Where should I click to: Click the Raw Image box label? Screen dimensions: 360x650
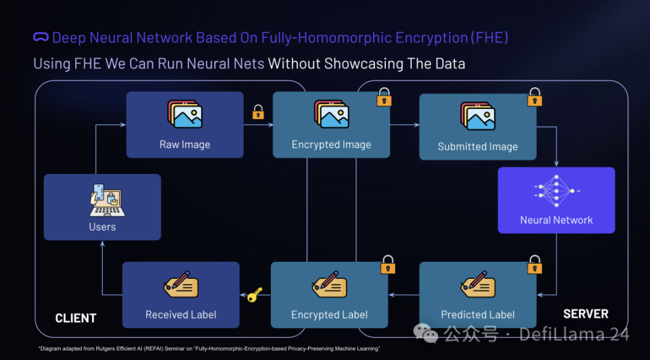point(185,144)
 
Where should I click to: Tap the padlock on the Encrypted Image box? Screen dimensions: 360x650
point(384,97)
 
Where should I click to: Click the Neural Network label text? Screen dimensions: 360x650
point(556,220)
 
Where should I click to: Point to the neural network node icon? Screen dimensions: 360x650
point(556,191)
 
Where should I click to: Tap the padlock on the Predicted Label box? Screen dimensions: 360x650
point(535,265)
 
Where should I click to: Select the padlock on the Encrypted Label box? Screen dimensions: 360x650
point(387,265)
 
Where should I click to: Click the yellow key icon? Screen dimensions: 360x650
point(255,294)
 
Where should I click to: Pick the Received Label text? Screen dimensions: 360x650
point(181,315)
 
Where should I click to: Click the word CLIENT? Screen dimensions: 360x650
point(76,317)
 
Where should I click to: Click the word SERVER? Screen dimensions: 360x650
point(586,314)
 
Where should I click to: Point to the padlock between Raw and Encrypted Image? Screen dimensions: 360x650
point(258,112)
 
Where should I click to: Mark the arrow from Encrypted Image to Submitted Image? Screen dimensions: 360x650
point(404,125)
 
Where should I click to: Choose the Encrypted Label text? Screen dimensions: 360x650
point(329,315)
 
